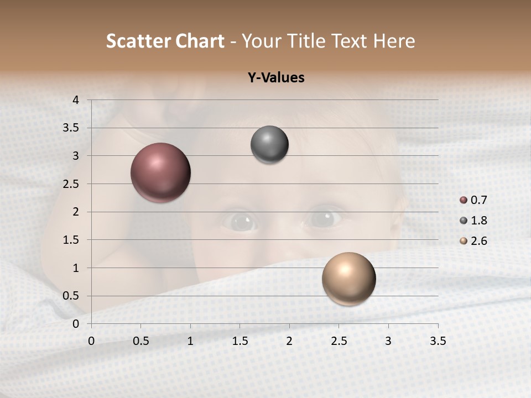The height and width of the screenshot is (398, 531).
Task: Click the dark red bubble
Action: [x=161, y=172]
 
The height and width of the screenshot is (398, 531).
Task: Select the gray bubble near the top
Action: [x=269, y=145]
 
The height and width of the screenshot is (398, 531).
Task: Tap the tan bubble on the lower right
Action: [x=348, y=279]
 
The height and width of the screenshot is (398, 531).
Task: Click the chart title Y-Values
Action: [x=276, y=78]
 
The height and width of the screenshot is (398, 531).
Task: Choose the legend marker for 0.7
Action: [x=464, y=200]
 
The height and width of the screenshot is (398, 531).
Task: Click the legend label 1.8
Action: [x=479, y=221]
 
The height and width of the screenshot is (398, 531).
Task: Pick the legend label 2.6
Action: [x=479, y=241]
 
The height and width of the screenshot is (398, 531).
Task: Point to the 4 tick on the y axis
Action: [x=76, y=100]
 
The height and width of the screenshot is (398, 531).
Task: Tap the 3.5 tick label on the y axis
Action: [x=71, y=128]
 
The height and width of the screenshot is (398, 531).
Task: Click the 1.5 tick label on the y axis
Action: [x=71, y=240]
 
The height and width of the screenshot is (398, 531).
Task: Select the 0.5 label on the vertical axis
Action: [x=71, y=296]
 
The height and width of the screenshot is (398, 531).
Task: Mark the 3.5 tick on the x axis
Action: [x=438, y=341]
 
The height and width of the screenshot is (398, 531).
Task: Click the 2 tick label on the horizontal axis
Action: [x=289, y=341]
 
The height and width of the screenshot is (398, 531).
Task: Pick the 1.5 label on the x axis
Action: [x=240, y=341]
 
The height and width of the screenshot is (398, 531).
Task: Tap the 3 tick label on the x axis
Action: [x=388, y=341]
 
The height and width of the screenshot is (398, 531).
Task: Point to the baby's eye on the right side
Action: [x=325, y=217]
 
